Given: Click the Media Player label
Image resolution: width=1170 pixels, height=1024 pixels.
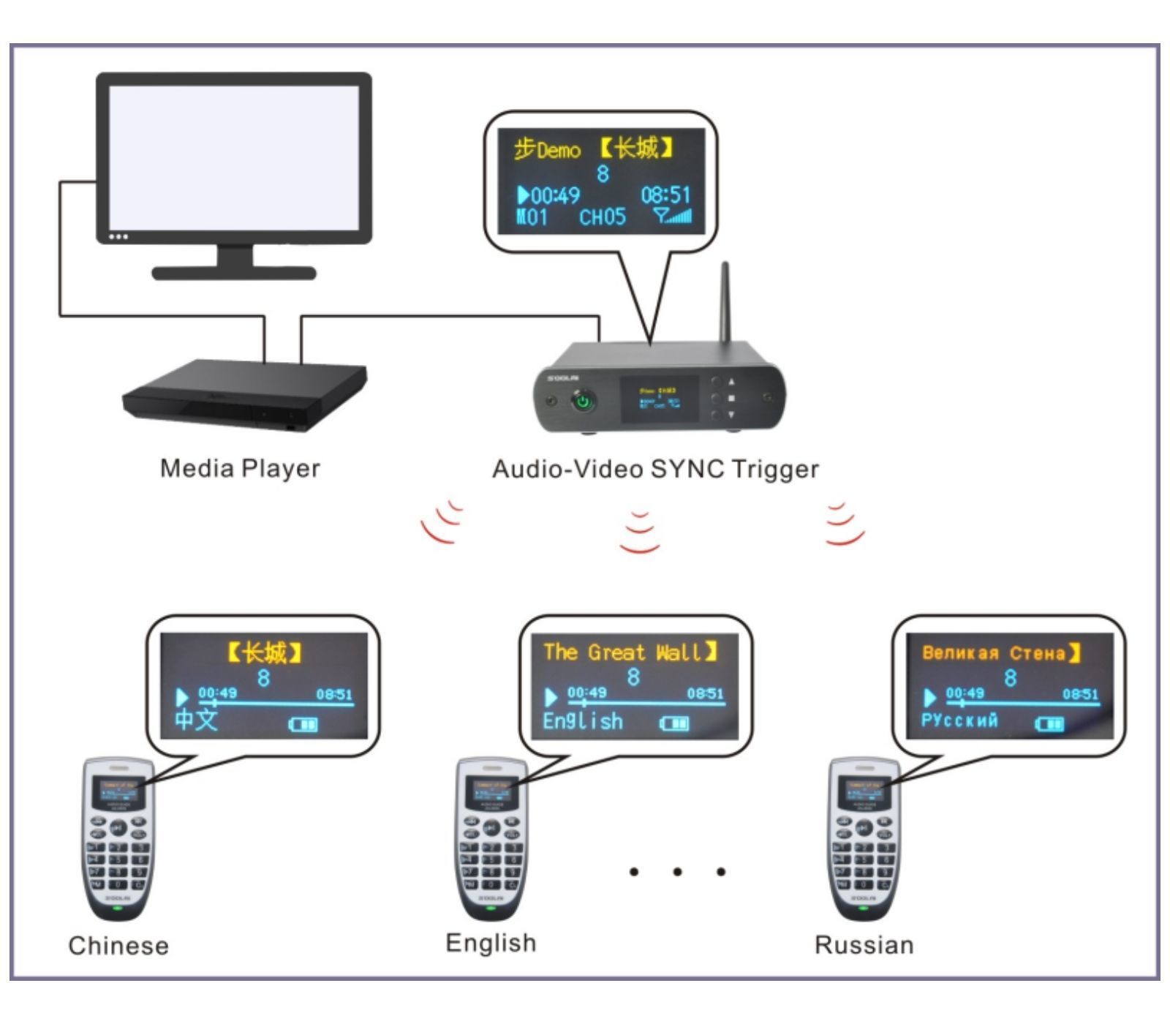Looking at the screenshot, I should point(240,468).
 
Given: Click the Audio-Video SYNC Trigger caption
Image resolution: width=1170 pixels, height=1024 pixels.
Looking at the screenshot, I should point(655,469).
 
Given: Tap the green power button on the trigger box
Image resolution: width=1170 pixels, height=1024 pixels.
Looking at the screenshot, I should point(583,401).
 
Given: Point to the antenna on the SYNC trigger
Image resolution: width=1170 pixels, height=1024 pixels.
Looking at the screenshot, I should point(725,304).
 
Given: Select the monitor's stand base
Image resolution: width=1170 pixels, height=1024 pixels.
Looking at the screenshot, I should point(234,274).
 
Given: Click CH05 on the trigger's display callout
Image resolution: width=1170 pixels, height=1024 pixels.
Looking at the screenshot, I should point(603,217).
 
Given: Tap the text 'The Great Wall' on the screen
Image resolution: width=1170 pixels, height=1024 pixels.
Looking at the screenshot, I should point(622,652).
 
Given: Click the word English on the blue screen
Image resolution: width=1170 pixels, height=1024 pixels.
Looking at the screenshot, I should point(583,721).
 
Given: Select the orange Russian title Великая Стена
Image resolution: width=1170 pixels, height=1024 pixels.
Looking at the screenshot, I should point(993,652).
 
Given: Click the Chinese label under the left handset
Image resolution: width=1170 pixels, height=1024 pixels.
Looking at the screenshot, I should point(118,946).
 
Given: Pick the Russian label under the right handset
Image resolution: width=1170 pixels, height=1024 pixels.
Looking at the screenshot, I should point(864,945).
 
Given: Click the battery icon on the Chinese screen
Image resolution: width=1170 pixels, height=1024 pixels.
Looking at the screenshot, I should point(303,724).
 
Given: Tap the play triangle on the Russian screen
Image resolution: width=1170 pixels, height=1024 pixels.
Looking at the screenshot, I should point(930,697).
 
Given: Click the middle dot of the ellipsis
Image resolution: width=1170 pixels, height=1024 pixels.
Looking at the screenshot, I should point(677,871).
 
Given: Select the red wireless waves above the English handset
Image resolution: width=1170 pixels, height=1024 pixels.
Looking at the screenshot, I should point(640,532).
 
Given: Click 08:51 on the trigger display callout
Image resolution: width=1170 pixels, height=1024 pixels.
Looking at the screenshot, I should point(665,195).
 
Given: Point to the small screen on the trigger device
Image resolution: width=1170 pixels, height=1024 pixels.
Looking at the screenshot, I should point(659,399).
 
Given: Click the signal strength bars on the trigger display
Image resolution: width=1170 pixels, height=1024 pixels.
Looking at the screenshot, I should point(674,216).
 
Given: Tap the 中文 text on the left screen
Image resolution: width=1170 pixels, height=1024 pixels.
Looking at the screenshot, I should point(196,720).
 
